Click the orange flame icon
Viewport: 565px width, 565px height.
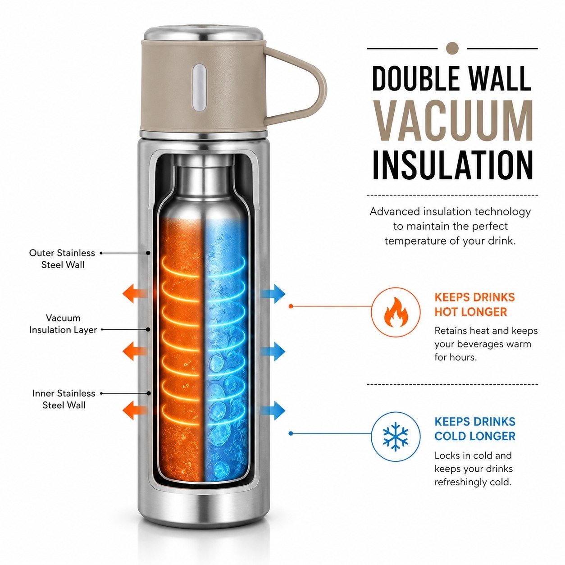[x=396, y=312]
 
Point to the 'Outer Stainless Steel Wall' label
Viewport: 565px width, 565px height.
[x=62, y=259]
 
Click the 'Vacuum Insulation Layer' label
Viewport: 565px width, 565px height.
[x=63, y=324]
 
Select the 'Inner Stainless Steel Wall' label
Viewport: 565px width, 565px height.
[x=64, y=399]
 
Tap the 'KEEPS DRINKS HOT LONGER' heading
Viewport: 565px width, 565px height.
[x=474, y=304]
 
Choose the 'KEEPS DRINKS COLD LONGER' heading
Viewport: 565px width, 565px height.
[x=475, y=428]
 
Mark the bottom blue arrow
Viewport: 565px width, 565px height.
[x=273, y=410]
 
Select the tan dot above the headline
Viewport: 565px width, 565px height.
[x=452, y=48]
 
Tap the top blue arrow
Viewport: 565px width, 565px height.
[x=273, y=293]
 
